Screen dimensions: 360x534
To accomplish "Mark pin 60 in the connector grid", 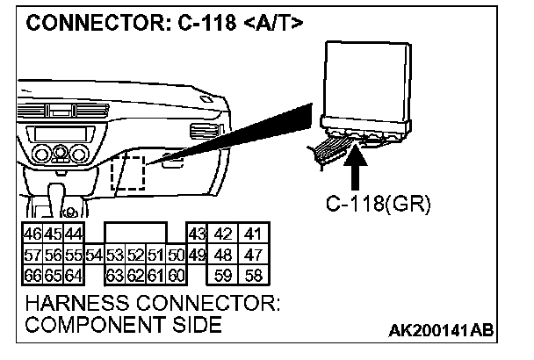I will coord(177,275).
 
